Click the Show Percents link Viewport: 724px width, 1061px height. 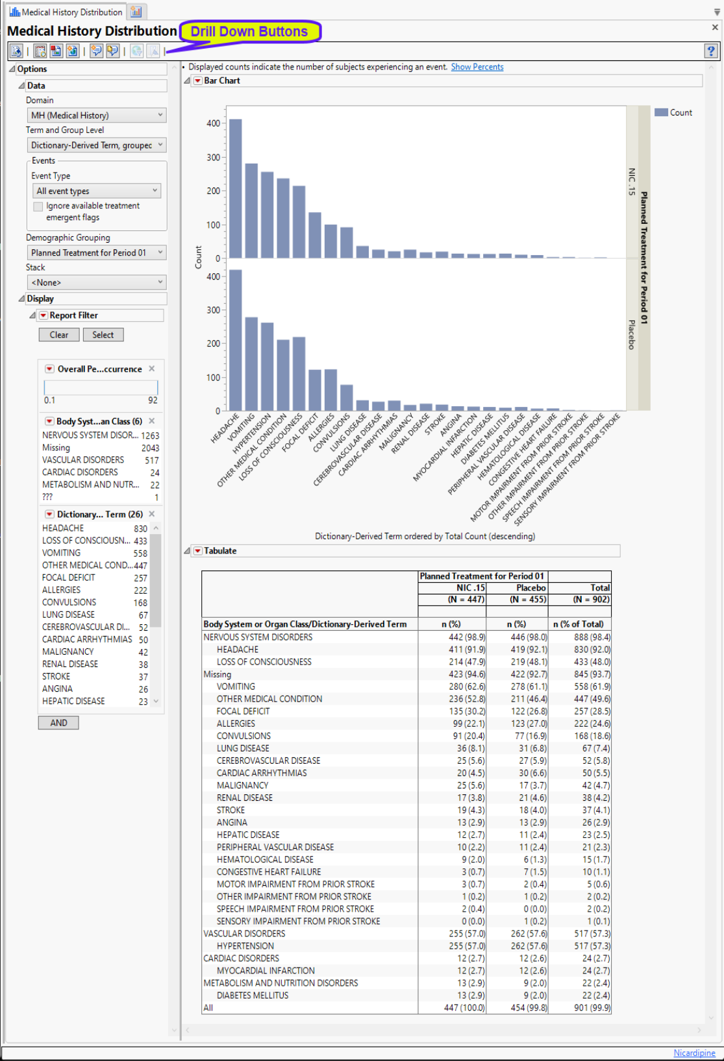pos(477,67)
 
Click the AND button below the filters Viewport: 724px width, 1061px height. pos(58,723)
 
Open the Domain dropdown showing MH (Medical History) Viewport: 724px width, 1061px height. pos(96,116)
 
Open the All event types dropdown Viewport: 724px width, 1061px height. pos(96,191)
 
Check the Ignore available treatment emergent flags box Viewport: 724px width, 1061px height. pos(38,206)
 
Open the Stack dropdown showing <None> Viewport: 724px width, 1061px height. pos(96,282)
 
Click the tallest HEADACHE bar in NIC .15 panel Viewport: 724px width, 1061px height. pos(236,188)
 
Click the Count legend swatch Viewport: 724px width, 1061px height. pos(661,112)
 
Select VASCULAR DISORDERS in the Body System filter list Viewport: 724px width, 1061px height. pos(83,460)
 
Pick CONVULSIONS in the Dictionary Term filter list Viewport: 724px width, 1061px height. pos(69,602)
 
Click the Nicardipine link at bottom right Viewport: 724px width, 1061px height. pos(694,1053)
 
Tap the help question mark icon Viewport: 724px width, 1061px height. pos(711,51)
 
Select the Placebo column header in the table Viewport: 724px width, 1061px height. pos(531,588)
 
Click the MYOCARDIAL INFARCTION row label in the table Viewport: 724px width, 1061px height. pos(266,971)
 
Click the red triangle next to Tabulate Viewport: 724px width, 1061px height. pos(198,551)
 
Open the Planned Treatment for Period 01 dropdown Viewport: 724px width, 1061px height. pos(96,252)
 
